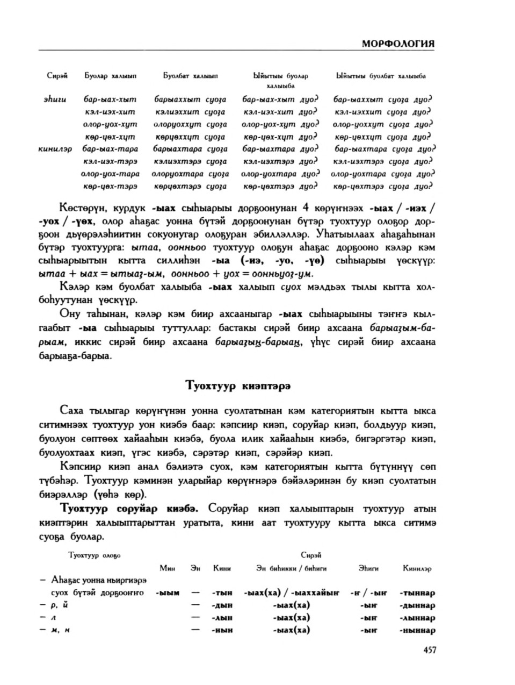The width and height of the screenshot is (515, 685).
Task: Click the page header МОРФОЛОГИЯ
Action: pos(398,44)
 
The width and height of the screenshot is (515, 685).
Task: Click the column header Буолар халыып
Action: pos(111,76)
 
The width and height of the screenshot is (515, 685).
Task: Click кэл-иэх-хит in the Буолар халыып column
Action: pos(110,112)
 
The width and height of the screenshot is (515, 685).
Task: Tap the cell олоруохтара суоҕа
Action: pos(190,174)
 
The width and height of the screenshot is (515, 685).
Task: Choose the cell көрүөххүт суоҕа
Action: pos(190,137)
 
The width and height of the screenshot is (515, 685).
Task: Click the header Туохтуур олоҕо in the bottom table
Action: pos(95,555)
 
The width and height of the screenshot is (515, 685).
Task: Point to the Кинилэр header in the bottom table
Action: pos(417,568)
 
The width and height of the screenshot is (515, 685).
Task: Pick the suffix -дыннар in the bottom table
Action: pos(417,605)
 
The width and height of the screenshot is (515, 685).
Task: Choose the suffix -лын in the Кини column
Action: pos(222,618)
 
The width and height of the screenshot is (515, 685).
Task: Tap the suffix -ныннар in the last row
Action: pos(417,631)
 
